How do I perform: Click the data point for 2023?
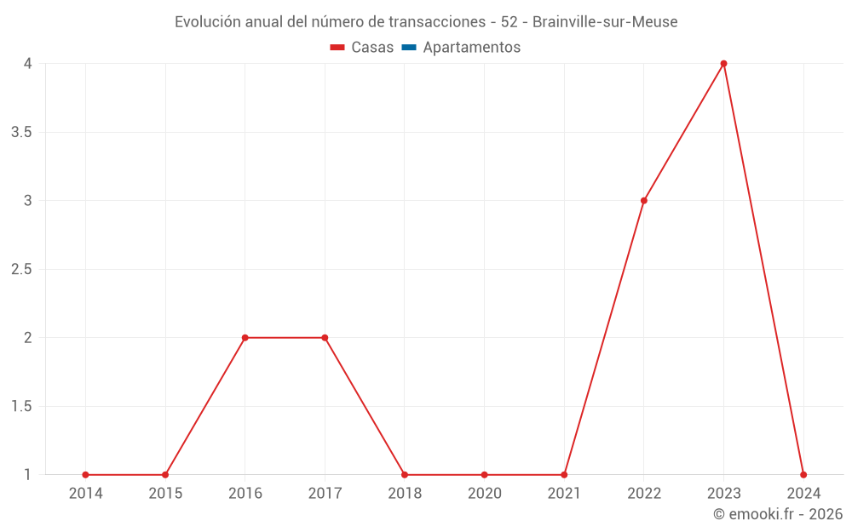click(723, 64)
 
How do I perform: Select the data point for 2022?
click(644, 201)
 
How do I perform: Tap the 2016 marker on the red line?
click(245, 338)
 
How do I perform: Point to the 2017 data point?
click(325, 338)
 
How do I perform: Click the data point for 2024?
click(803, 475)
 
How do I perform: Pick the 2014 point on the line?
click(85, 475)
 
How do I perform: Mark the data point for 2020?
click(484, 475)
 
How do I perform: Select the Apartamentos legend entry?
click(471, 48)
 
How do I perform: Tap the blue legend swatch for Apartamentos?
click(408, 48)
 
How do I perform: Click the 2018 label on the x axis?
click(404, 493)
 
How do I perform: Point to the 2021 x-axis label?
click(564, 493)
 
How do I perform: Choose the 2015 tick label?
click(165, 493)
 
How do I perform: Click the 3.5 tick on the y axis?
click(21, 133)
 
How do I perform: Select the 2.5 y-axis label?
click(21, 270)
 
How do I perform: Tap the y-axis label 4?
click(27, 64)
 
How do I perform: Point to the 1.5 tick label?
click(21, 407)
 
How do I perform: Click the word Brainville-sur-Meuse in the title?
click(605, 22)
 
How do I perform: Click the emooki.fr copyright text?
click(778, 514)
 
